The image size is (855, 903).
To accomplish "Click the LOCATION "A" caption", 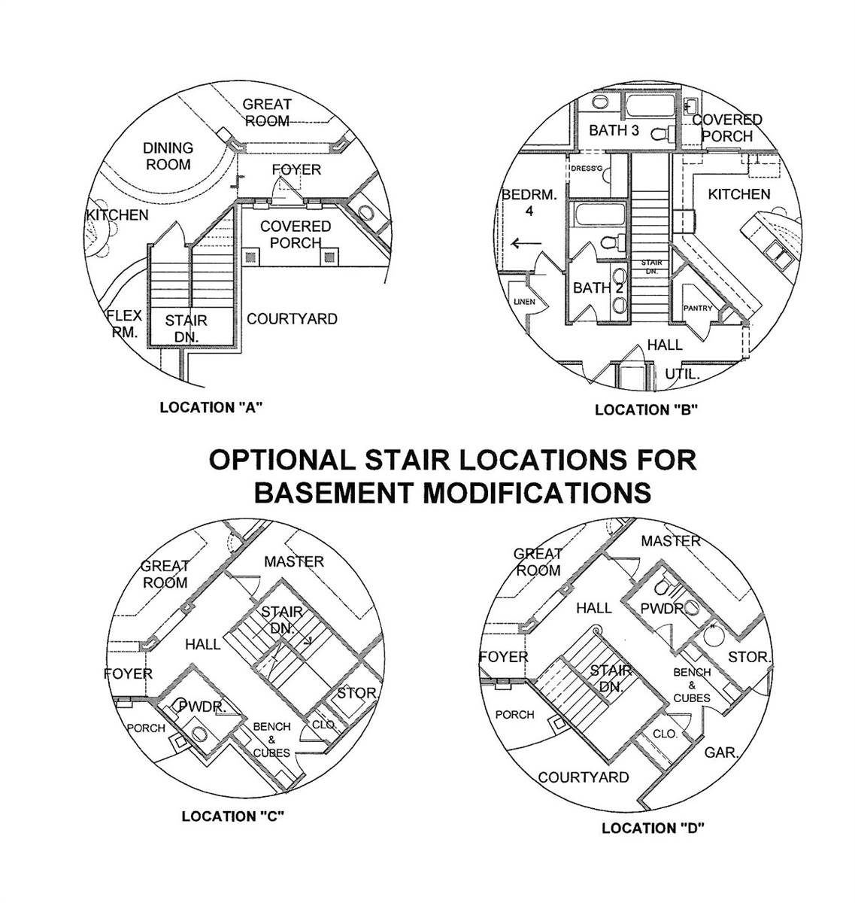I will coord(210,408).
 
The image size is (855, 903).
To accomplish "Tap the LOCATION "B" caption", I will coord(647,410).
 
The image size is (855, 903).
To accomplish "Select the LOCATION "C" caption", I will coord(232,816).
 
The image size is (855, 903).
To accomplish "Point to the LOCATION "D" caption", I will coord(653,829).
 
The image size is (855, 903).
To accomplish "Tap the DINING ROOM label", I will coord(168,156).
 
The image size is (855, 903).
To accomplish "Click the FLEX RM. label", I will coord(123,324).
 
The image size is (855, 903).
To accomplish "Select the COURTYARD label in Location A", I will coord(292,319).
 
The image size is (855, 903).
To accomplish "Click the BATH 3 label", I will coord(614,131).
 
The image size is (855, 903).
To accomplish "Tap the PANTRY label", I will coord(697,309).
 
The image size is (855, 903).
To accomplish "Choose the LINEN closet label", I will coord(524,302).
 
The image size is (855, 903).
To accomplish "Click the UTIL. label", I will coord(683,374).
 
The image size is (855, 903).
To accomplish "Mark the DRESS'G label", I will coord(587,169).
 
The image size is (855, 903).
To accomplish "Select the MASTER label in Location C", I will coord(294,561).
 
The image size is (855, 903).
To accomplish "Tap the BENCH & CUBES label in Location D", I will coord(692,685).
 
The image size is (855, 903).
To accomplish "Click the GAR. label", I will coord(721,752).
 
